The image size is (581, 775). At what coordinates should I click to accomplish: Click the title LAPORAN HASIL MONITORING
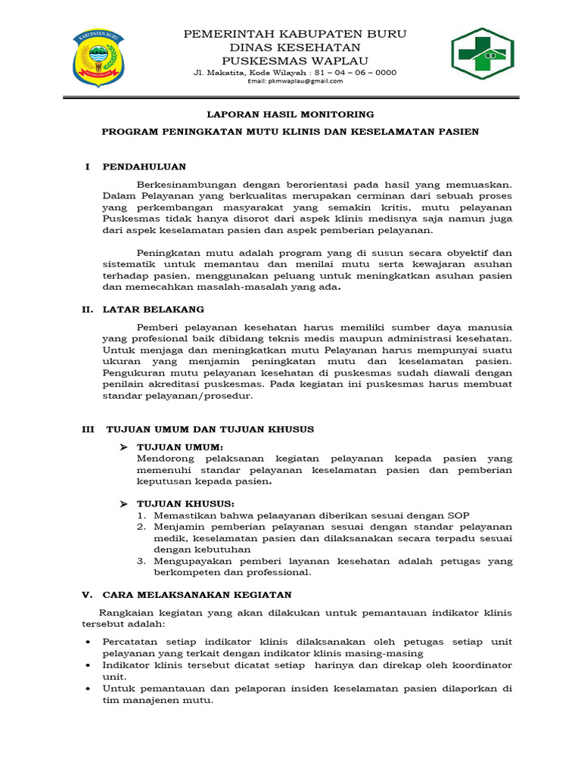point(291,114)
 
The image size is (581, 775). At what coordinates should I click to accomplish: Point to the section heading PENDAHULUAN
point(144,167)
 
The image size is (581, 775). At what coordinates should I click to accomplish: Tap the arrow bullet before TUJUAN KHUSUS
point(125,504)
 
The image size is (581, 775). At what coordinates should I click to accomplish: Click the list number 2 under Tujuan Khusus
point(141,527)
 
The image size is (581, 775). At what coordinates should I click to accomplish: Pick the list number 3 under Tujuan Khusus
point(141,561)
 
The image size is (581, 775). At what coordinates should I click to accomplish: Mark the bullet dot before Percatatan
point(89,642)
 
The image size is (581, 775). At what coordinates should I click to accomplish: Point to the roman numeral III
point(89,429)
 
